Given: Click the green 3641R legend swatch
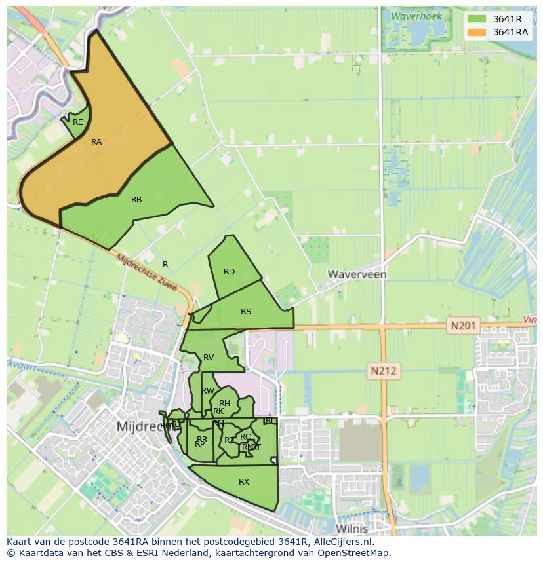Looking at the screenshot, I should point(477,19).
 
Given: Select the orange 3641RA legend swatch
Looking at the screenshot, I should point(477,32).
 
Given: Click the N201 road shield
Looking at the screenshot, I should point(465,325).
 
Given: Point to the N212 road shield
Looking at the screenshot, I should point(384,371).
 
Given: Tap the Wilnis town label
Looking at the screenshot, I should point(352,528).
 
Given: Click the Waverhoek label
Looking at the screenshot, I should point(416,16).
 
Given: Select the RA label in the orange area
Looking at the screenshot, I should point(96,142).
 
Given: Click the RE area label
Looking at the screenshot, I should point(78,122).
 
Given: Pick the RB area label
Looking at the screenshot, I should point(136,200).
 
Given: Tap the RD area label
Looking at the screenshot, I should point(229,272).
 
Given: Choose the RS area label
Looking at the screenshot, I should point(246,312).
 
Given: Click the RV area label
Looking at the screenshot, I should point(209,358).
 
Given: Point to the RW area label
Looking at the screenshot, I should point(208,391).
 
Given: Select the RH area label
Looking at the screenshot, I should point(225,404).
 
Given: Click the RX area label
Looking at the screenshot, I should point(244,482).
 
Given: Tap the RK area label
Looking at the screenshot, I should point(218,411).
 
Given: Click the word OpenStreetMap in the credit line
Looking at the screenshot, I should point(353,553).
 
